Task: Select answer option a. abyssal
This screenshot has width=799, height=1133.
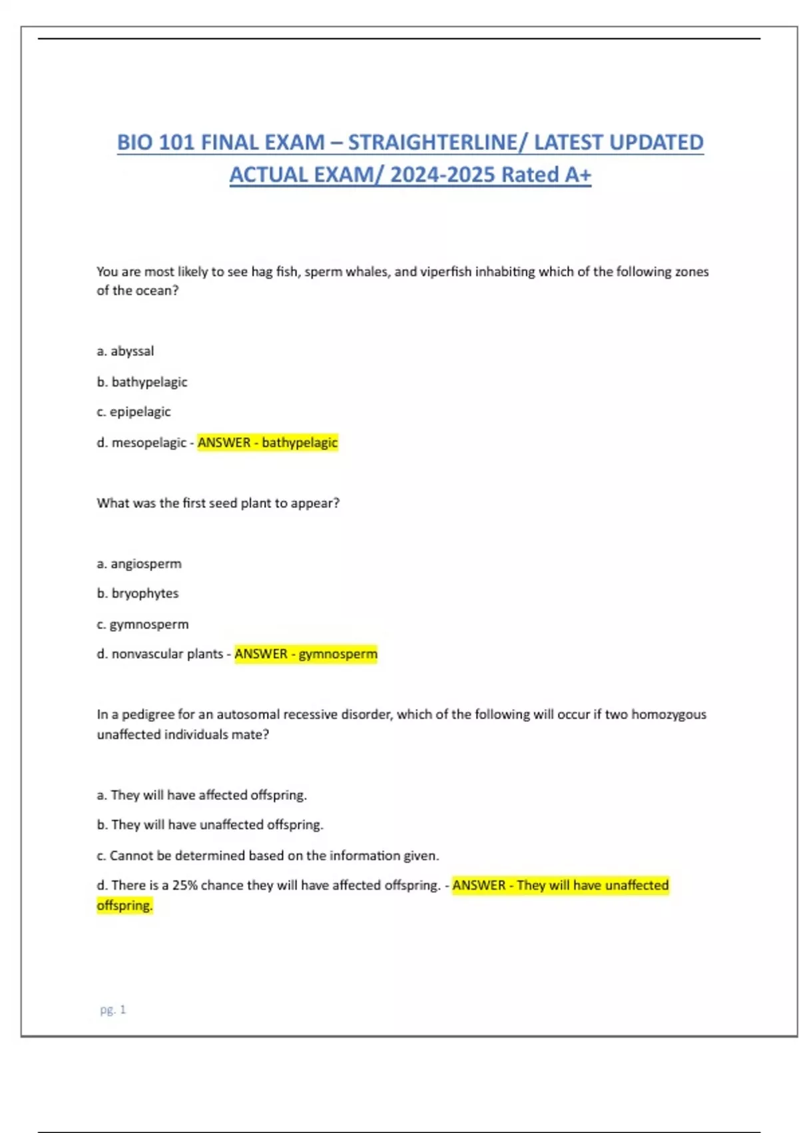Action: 125,351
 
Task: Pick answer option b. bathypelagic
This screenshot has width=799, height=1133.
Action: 142,382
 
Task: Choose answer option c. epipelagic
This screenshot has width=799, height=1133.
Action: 133,412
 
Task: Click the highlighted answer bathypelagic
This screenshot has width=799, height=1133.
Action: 300,443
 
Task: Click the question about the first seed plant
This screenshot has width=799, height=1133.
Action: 218,503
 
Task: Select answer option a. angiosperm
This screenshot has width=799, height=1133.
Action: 138,564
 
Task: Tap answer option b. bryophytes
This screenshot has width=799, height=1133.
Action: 137,593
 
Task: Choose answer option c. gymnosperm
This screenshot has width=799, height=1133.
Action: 142,624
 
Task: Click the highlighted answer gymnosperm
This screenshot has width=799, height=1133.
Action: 338,654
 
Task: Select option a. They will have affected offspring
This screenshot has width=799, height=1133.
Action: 201,795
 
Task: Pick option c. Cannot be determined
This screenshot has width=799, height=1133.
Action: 268,856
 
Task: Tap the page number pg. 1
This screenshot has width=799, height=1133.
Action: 113,1010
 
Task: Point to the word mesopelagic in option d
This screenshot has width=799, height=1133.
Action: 148,443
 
